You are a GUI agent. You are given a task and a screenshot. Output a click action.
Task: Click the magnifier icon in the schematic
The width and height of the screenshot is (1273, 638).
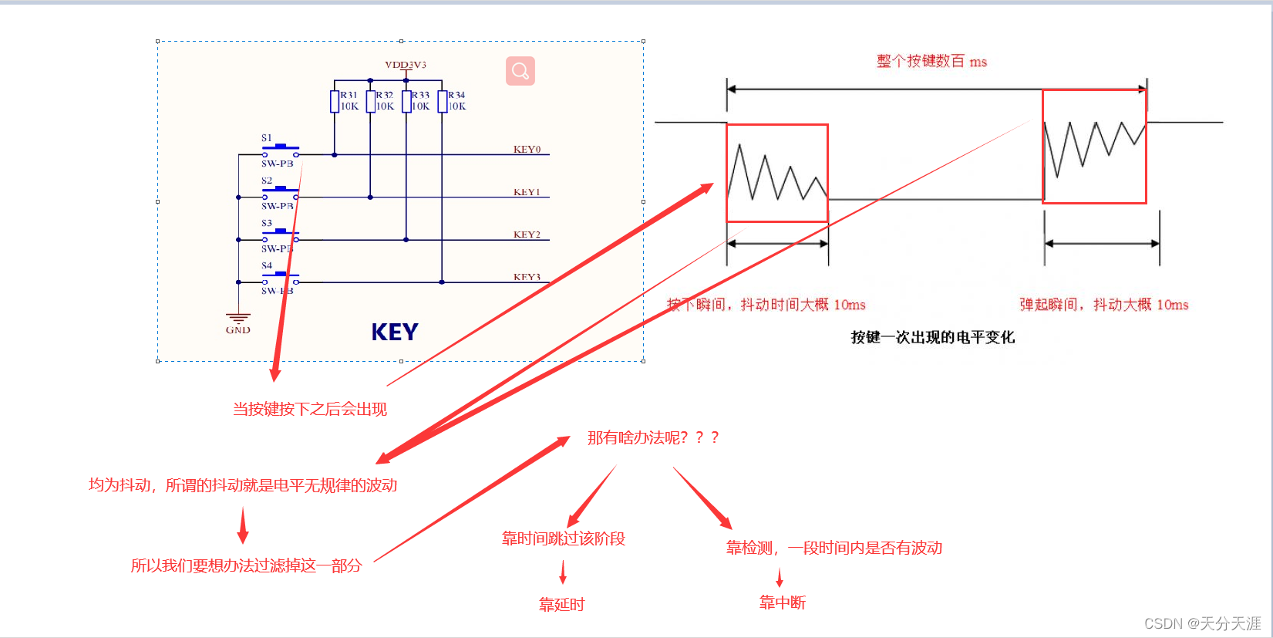pyautogui.click(x=520, y=71)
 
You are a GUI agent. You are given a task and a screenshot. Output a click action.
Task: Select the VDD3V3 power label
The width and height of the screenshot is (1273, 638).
pyautogui.click(x=406, y=65)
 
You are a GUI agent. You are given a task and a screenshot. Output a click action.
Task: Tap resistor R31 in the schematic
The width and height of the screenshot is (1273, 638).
pyautogui.click(x=335, y=101)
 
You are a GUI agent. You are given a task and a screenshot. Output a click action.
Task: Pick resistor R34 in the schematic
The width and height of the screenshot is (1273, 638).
pyautogui.click(x=443, y=101)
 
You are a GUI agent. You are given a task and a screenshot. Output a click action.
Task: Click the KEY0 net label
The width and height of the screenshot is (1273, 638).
pyautogui.click(x=527, y=150)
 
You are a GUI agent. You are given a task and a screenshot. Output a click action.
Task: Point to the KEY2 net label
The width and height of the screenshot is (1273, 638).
pyautogui.click(x=527, y=235)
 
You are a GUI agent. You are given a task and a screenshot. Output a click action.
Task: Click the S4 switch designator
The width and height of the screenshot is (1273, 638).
pyautogui.click(x=267, y=265)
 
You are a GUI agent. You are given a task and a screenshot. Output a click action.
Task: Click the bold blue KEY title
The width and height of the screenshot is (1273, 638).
pyautogui.click(x=395, y=333)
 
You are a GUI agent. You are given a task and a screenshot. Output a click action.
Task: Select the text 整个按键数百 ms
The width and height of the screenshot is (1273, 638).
pyautogui.click(x=931, y=62)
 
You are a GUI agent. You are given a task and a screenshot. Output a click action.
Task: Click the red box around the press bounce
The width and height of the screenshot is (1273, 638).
pyautogui.click(x=777, y=173)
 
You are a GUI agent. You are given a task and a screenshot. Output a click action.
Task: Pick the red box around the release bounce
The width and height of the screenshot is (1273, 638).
pyautogui.click(x=1094, y=147)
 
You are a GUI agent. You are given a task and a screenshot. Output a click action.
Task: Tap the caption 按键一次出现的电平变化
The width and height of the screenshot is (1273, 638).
pyautogui.click(x=933, y=337)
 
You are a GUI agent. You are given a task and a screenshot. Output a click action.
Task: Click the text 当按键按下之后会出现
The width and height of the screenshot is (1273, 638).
pyautogui.click(x=310, y=410)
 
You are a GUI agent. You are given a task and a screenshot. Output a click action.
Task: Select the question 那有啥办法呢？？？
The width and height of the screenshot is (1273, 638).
pyautogui.click(x=653, y=438)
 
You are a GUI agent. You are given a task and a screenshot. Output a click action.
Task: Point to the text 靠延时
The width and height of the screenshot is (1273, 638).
pyautogui.click(x=562, y=605)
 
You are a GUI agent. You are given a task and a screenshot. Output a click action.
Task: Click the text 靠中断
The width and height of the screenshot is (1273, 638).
pyautogui.click(x=783, y=603)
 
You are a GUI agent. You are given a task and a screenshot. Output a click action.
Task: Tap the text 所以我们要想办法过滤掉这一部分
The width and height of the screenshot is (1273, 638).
pyautogui.click(x=246, y=565)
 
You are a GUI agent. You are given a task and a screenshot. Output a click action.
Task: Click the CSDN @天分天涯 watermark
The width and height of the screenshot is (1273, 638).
pyautogui.click(x=1202, y=623)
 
